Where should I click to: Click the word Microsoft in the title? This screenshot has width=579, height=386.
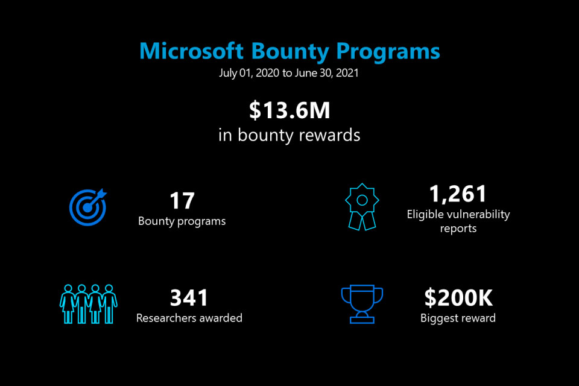click(x=191, y=51)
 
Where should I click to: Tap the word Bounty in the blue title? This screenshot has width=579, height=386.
click(x=290, y=52)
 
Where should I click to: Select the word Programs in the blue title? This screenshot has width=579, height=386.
click(x=388, y=52)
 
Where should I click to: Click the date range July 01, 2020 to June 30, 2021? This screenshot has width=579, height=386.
click(x=289, y=73)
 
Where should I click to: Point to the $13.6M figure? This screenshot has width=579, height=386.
click(x=289, y=110)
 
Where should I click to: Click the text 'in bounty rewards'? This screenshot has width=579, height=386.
click(x=289, y=135)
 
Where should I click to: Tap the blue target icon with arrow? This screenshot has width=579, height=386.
click(x=88, y=207)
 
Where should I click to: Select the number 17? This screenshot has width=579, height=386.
click(x=182, y=201)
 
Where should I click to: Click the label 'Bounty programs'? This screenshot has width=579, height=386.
click(x=182, y=221)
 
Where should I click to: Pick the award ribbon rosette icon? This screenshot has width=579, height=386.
click(x=362, y=207)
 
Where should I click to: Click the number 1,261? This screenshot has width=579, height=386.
click(x=458, y=194)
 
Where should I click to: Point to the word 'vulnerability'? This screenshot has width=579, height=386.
click(x=478, y=215)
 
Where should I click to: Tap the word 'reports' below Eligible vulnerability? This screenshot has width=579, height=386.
click(x=458, y=229)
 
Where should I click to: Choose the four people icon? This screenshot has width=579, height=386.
click(x=89, y=304)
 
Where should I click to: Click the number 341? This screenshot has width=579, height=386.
click(x=189, y=298)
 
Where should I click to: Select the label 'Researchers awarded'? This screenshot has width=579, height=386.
click(x=189, y=318)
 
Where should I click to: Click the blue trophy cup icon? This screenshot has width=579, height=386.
click(x=362, y=304)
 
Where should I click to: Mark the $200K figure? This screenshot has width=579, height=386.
click(x=458, y=298)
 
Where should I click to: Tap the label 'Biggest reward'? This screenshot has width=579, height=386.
click(x=458, y=318)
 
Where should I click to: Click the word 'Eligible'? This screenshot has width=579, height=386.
click(x=425, y=214)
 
